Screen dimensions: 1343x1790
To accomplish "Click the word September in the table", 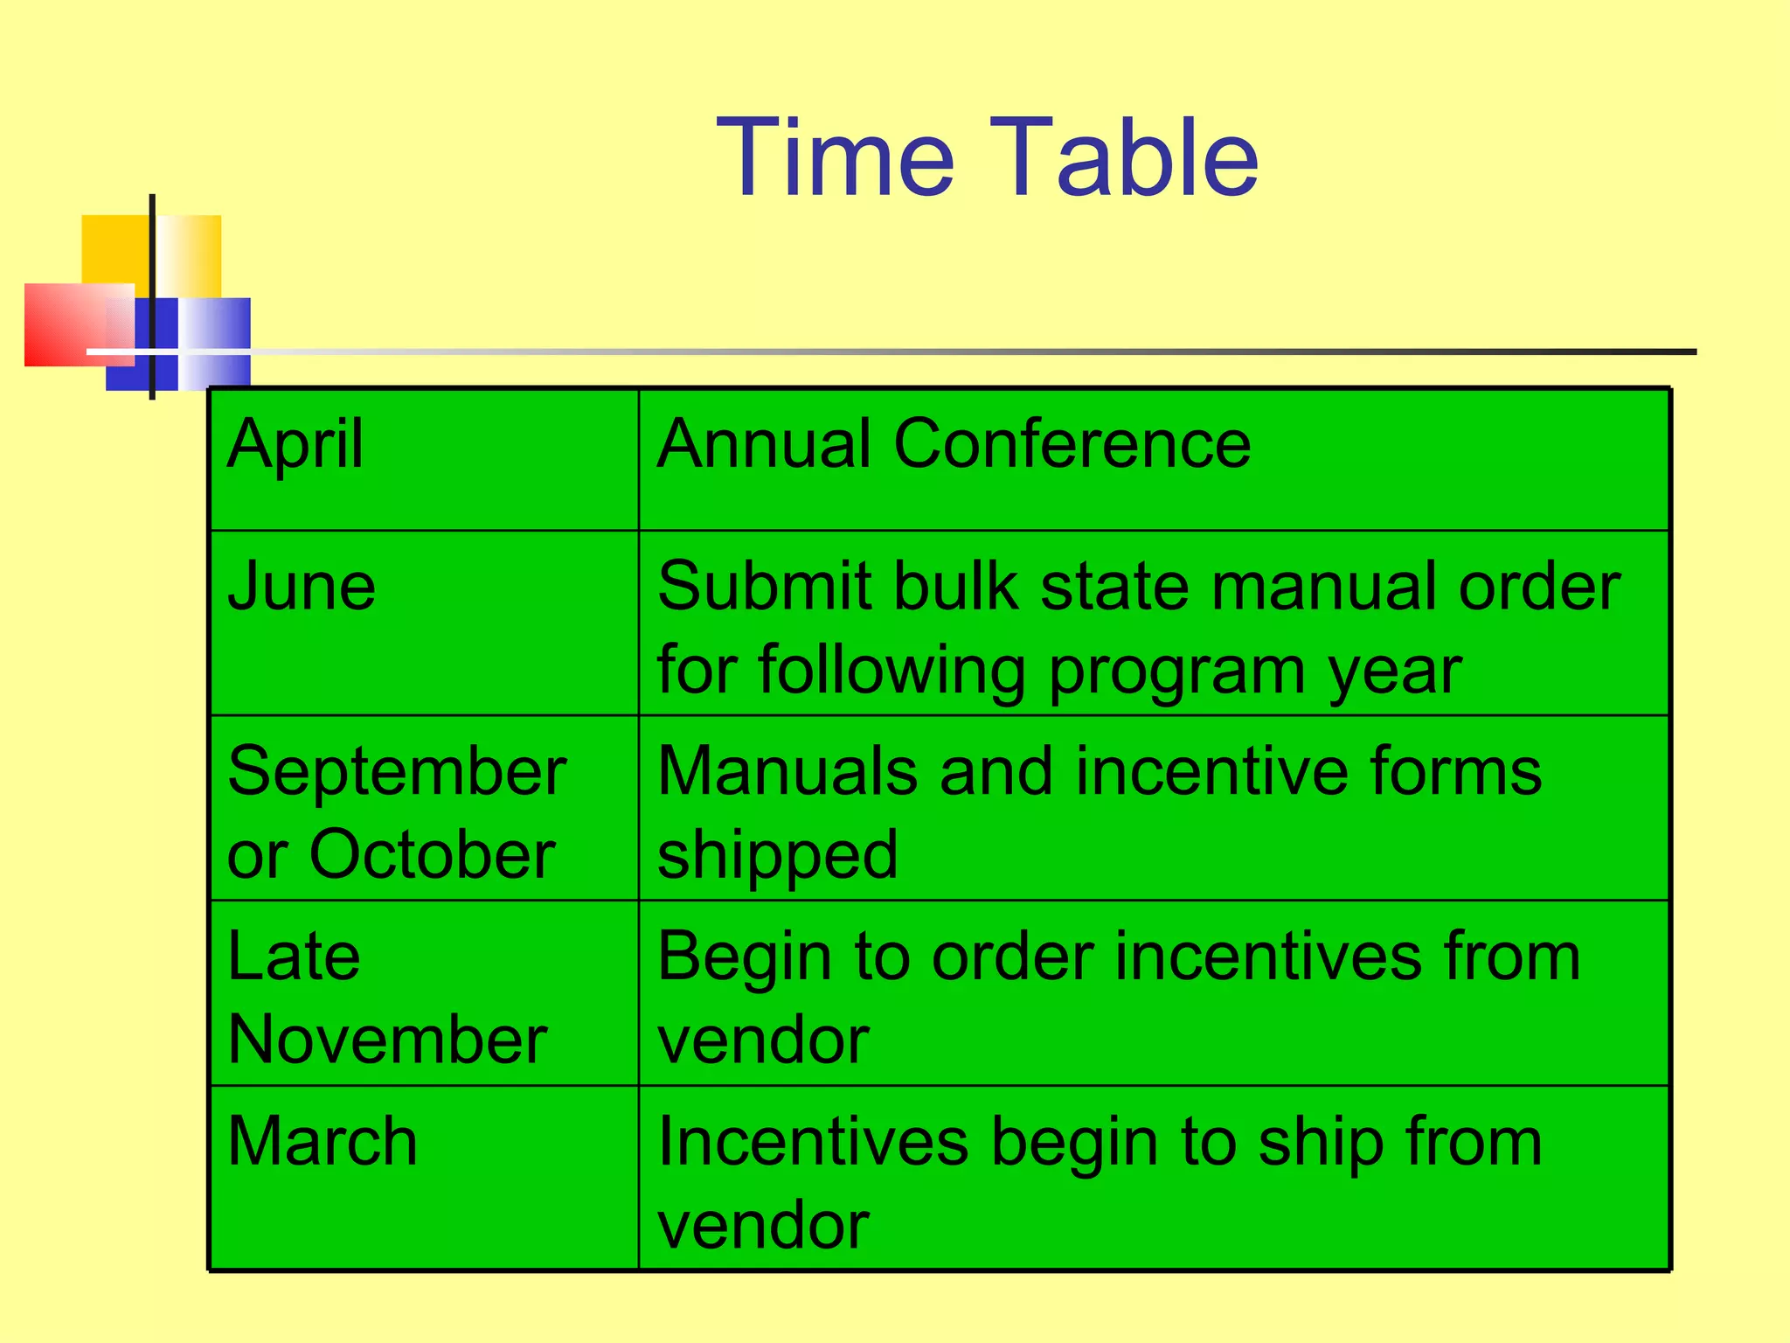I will pos(397,772).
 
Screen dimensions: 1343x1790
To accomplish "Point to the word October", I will pos(432,854).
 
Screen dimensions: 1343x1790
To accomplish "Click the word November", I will pos(387,1040).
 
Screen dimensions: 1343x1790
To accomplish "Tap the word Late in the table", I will pos(294,957).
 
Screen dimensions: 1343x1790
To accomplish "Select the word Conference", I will pos(1072,444).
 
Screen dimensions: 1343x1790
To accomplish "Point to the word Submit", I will pos(765,586).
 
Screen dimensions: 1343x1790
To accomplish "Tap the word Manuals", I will pos(787,772).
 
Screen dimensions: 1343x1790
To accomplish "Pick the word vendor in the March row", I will pos(763,1225).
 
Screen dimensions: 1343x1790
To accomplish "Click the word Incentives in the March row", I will pos(813,1142).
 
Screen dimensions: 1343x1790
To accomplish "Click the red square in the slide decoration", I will pos(66,324).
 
